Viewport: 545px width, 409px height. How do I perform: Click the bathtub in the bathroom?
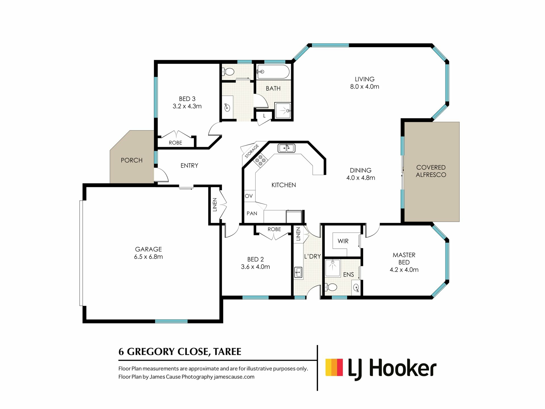point(273,72)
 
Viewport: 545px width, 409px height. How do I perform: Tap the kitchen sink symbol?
point(286,148)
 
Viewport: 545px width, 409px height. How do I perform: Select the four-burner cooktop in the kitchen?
point(260,160)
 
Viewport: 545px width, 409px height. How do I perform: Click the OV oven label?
point(249,196)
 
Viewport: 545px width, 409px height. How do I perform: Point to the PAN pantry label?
point(252,213)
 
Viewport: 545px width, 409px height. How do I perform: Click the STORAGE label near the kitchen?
point(251,151)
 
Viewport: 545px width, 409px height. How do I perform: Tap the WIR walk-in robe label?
point(343,241)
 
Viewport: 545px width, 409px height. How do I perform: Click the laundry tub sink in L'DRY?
point(298,272)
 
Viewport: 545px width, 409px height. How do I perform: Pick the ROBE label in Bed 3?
point(175,143)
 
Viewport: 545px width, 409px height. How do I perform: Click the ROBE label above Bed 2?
point(274,229)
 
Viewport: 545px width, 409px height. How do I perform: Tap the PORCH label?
point(131,160)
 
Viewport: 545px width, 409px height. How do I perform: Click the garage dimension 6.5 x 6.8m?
point(148,257)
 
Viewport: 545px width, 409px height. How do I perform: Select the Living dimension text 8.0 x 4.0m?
point(364,87)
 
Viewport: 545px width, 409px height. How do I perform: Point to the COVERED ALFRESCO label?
point(431,171)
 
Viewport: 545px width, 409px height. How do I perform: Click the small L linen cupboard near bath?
point(264,116)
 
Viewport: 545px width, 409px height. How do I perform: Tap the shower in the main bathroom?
point(283,110)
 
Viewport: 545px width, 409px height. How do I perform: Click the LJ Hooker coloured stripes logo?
point(334,368)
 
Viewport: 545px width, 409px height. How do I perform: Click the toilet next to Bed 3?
point(229,72)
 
